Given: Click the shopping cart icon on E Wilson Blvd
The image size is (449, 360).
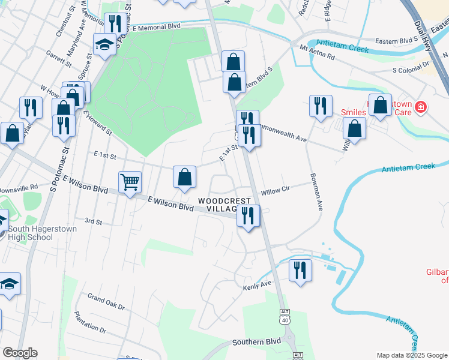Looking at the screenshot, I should point(130,182).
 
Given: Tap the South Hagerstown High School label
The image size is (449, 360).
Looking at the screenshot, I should point(40,232).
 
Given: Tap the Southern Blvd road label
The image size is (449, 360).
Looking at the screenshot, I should point(257,341).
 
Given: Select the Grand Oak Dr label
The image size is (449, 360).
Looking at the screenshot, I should point(106,301).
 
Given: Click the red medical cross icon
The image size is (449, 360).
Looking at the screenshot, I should point(421,107).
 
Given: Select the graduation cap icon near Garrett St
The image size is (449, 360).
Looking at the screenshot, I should point(104,44).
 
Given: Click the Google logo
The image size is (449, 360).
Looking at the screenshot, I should point(20,352).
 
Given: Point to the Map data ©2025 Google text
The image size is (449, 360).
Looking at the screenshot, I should point(412,355).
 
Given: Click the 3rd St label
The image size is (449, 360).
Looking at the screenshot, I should point(93,221).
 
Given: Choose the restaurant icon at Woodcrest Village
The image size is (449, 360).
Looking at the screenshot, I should point(247,215).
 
